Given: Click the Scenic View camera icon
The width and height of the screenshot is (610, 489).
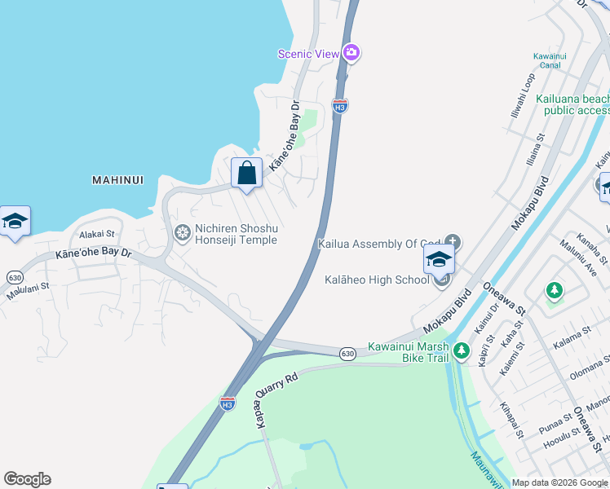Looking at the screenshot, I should pos(351,53).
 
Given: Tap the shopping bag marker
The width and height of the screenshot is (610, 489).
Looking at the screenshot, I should pos(246,173).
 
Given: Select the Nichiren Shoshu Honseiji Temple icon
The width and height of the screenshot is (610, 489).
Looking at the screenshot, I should pos(183,234).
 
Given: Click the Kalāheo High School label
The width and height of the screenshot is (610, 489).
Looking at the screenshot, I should pos(377,280).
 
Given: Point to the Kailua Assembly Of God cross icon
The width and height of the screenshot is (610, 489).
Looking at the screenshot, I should pos(453,242).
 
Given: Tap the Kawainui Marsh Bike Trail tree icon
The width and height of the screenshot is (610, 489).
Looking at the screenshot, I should pos(462,350).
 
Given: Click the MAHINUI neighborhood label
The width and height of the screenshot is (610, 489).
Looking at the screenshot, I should pos(118,179).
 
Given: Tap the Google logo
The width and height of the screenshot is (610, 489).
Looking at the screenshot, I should pos(27,479).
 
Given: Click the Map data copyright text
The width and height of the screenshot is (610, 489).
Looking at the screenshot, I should pos(559,482).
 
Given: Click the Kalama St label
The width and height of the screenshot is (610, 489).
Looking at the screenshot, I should pos(572,335).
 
